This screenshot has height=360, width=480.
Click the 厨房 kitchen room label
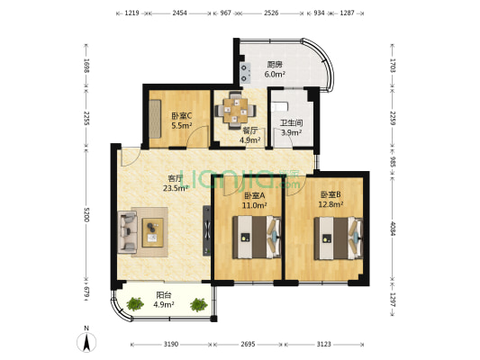276,64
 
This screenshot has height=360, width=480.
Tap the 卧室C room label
181,116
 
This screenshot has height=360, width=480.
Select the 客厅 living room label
175,178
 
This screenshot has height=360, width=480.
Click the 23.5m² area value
175,188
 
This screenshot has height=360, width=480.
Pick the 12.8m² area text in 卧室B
331,204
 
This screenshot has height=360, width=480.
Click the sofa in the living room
127,233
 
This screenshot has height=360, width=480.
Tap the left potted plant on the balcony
135,304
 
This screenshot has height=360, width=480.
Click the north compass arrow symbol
86,342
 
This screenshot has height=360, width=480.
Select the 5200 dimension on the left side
86,214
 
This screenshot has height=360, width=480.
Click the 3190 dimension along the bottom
171,345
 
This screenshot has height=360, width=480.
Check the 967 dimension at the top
225,13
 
